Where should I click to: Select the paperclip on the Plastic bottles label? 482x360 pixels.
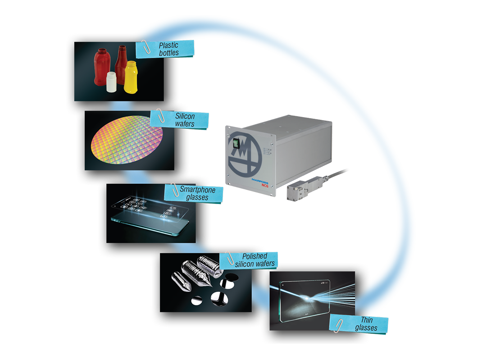click(145, 45)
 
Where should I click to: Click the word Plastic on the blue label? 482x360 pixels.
click(168, 45)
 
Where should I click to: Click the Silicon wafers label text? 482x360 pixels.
click(184, 119)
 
